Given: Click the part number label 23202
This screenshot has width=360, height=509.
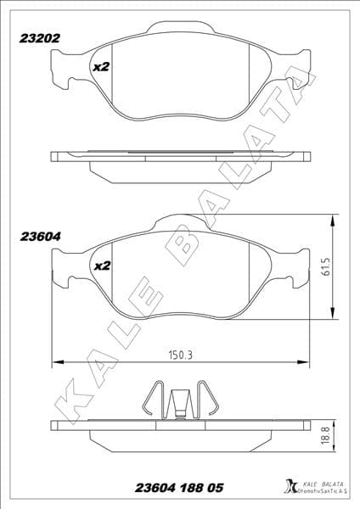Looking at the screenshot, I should coord(37,37).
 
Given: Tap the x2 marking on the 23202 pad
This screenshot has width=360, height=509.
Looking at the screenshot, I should coord(101,66).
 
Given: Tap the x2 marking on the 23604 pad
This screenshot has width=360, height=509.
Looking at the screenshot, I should coord(101,266).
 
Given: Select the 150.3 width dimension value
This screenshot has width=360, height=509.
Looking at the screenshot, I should coord(177,355).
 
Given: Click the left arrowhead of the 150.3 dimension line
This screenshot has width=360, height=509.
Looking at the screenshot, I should coord(56,362).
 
